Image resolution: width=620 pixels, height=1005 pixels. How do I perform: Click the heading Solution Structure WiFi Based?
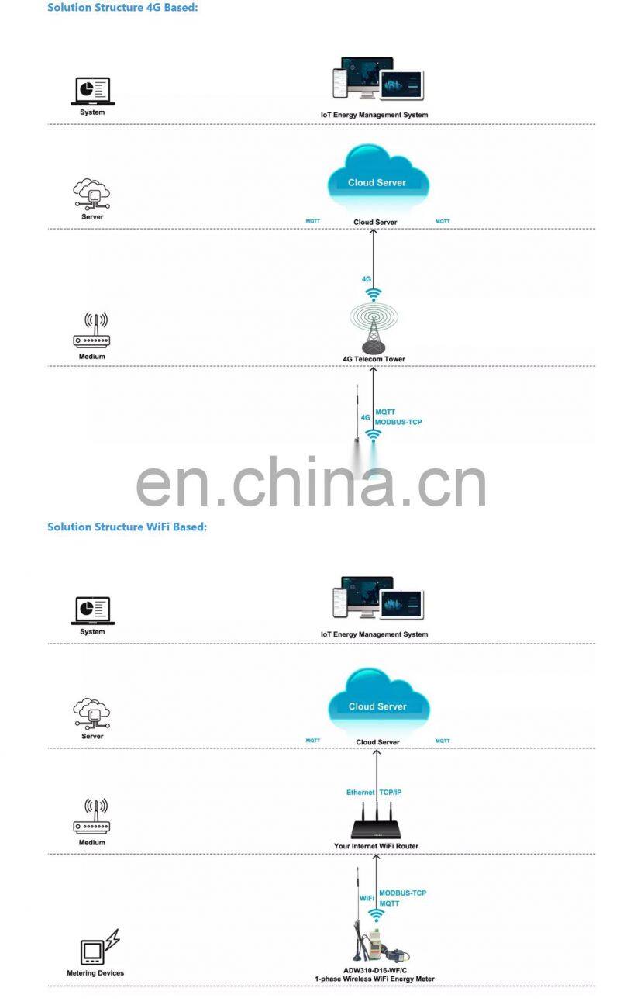coord(127,527)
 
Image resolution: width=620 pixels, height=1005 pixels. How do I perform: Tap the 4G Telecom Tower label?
coord(374,359)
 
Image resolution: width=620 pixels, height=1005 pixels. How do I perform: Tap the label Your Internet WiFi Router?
coord(376,846)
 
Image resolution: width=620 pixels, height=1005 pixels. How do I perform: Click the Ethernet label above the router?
coord(360,793)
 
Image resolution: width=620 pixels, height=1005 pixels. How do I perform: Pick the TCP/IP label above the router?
coord(391,793)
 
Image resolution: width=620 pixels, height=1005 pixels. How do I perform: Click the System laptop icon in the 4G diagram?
coord(92,91)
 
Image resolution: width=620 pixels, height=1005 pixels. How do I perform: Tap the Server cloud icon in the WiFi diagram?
coord(92,714)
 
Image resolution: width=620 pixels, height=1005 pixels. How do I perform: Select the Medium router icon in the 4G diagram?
coord(92,331)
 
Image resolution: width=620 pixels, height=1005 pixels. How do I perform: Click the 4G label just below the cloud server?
coord(367,278)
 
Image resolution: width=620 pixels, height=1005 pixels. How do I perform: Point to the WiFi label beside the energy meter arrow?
coord(367,898)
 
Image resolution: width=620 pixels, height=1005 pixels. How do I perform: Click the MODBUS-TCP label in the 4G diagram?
coord(398,422)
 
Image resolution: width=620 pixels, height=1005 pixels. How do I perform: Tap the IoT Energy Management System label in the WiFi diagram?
coord(374,634)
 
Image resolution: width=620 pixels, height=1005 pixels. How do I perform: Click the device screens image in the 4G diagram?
coord(377,79)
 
